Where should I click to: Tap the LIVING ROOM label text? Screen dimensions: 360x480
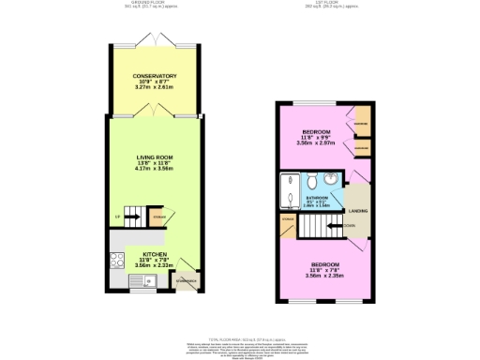[x=155, y=157]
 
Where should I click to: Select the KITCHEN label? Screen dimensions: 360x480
[x=155, y=253]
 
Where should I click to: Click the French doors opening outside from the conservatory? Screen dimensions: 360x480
[x=155, y=38]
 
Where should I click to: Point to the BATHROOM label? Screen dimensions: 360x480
[x=317, y=198]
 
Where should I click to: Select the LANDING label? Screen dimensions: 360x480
[x=357, y=210]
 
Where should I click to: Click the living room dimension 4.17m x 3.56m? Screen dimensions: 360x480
[x=155, y=170]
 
